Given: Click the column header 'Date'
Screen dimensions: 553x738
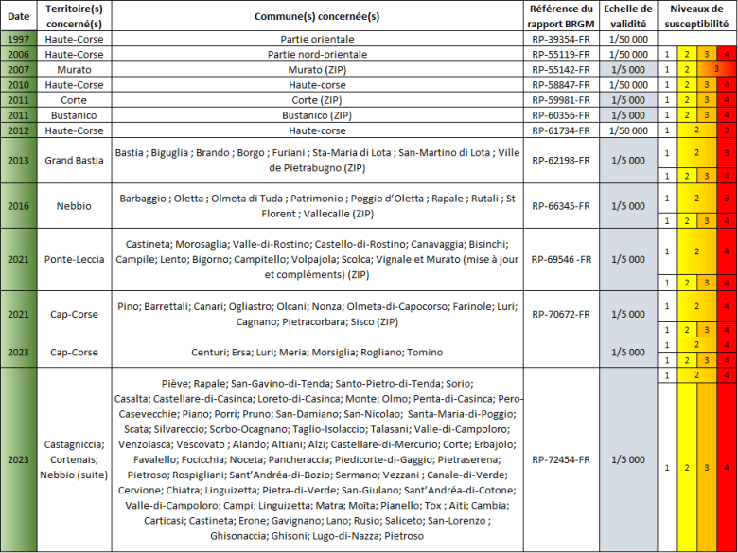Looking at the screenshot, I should click(x=18, y=16).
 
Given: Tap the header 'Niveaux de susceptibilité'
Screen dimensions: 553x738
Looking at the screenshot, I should click(x=697, y=16).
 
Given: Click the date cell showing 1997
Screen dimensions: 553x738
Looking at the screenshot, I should click(x=18, y=40).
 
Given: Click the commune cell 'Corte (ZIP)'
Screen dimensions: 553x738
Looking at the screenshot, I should click(x=318, y=99).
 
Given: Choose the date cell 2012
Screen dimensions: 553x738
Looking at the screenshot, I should click(x=18, y=130).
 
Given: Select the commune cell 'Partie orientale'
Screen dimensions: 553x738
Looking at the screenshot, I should click(x=318, y=40).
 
